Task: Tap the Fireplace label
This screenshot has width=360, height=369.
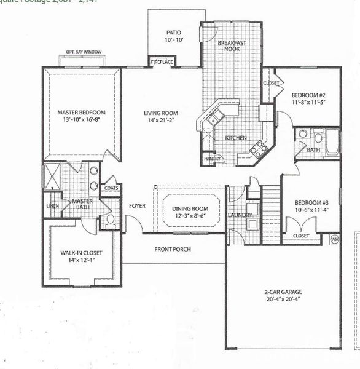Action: (x=163, y=62)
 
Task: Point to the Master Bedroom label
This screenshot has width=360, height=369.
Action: (x=81, y=113)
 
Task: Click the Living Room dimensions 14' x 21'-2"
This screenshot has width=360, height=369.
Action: (x=161, y=121)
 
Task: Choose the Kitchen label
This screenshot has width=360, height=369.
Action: (x=235, y=138)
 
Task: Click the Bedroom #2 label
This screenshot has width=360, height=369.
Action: (x=308, y=95)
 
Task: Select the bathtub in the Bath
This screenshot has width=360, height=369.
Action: (x=332, y=141)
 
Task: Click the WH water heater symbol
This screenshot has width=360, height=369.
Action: (x=335, y=239)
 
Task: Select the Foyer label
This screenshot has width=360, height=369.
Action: (x=138, y=205)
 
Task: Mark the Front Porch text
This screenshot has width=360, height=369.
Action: (x=173, y=249)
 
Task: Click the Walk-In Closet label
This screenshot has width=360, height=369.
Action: (x=81, y=253)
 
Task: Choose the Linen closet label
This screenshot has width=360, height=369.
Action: (x=53, y=206)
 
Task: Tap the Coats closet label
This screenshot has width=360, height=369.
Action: (x=111, y=188)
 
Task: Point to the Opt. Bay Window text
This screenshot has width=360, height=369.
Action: (x=84, y=52)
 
